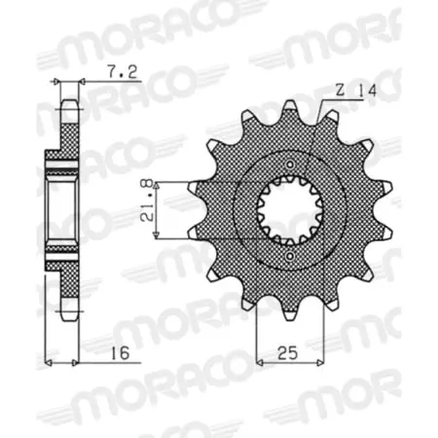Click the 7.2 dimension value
tap(123, 72)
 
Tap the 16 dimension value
tap(120, 353)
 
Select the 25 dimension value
tap(288, 352)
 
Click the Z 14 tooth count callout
tap(355, 91)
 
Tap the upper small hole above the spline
tap(290, 164)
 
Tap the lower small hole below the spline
tap(290, 257)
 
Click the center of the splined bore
tap(290, 210)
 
